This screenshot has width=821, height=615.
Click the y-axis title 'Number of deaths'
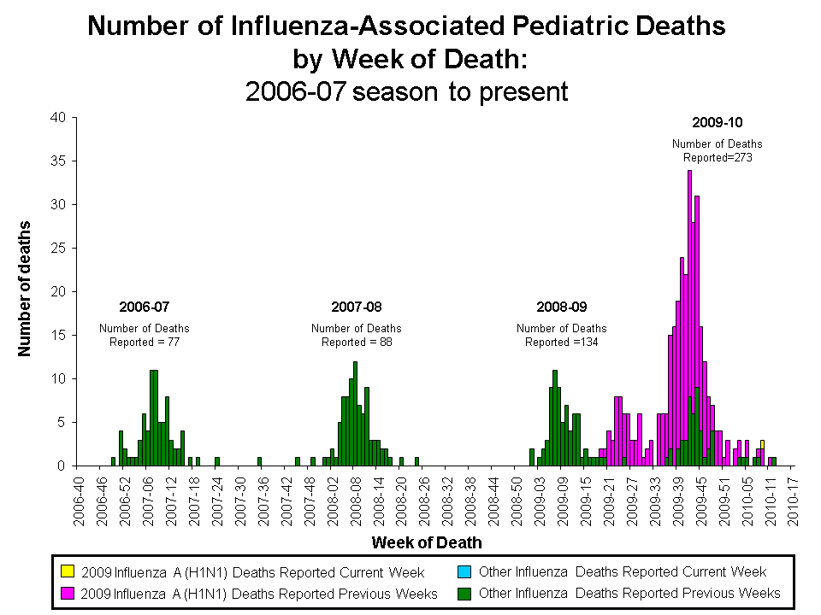coord(26,288)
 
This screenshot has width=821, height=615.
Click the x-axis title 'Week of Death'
coord(427,542)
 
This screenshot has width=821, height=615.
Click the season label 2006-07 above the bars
coord(145,306)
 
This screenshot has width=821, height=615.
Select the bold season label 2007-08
coord(356,306)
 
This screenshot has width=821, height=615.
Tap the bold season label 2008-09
coord(561,306)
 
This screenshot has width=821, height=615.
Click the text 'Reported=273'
coord(717,157)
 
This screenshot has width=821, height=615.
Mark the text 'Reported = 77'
coord(145,343)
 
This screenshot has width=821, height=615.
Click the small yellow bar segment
coord(762,444)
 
